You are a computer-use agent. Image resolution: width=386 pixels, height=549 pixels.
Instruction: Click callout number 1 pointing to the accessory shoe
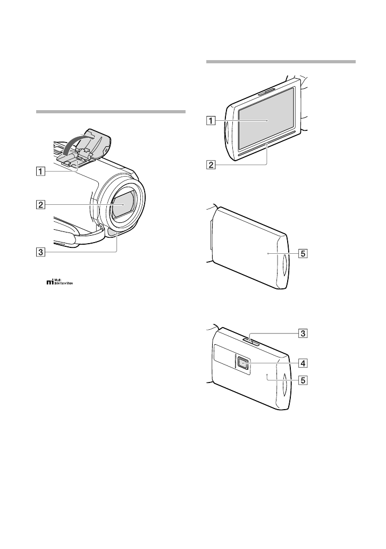coord(40,172)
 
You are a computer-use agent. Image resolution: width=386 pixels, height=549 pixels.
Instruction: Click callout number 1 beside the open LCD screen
coord(212,120)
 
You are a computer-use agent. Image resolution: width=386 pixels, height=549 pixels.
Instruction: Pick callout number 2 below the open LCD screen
coord(212,164)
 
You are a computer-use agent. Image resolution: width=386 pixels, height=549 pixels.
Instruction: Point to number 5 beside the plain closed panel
coord(302,254)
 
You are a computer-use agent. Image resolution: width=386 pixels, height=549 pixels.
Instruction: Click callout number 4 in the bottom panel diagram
coord(302,363)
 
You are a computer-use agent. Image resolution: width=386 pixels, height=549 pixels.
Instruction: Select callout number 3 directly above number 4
coord(302,334)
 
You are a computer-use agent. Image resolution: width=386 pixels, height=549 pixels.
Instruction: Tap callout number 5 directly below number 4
coord(302,380)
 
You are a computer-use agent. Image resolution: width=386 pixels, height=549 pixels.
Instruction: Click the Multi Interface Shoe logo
coord(58,282)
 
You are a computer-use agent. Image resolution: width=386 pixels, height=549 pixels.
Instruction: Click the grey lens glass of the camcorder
coord(123,205)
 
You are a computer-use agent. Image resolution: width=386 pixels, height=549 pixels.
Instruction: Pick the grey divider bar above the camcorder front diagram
coord(111,112)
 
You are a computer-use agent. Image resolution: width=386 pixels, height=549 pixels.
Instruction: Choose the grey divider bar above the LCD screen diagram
coord(280,62)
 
